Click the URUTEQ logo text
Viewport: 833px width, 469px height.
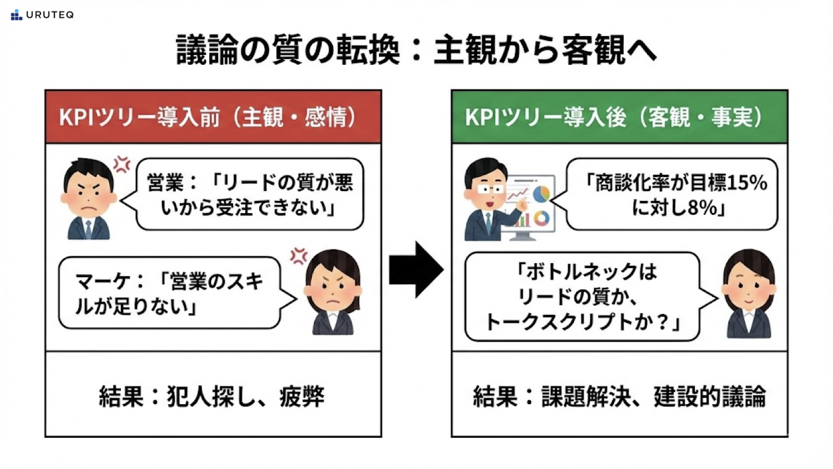(50, 15)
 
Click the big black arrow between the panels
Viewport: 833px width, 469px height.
(416, 269)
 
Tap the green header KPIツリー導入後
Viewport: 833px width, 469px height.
(619, 117)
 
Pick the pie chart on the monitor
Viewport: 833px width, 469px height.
(541, 194)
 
